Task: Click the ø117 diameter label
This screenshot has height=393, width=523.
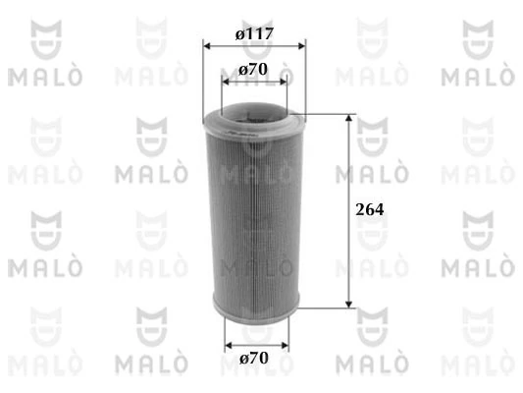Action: [x=254, y=33]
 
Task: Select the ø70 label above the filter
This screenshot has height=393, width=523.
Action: [x=254, y=71]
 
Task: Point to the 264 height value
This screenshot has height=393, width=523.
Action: [x=368, y=210]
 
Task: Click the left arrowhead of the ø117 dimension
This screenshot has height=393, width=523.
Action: [x=206, y=45]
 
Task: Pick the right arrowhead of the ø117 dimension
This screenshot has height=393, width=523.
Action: [x=301, y=45]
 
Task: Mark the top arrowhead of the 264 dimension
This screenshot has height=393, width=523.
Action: [x=348, y=118]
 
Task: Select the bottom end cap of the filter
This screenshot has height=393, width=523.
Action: [x=254, y=309]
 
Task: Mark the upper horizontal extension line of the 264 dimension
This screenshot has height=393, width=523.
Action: [x=329, y=114]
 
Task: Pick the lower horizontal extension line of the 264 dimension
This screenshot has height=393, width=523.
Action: [x=329, y=307]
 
